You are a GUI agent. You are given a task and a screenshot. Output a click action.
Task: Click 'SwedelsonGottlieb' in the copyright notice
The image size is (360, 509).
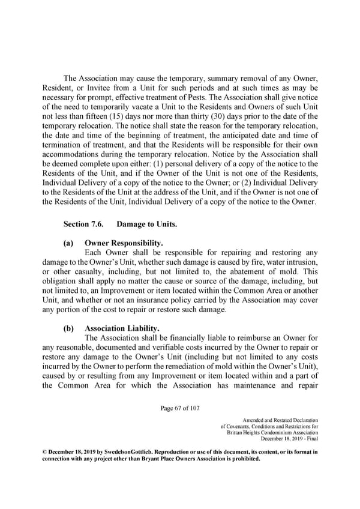tap(118, 451)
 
